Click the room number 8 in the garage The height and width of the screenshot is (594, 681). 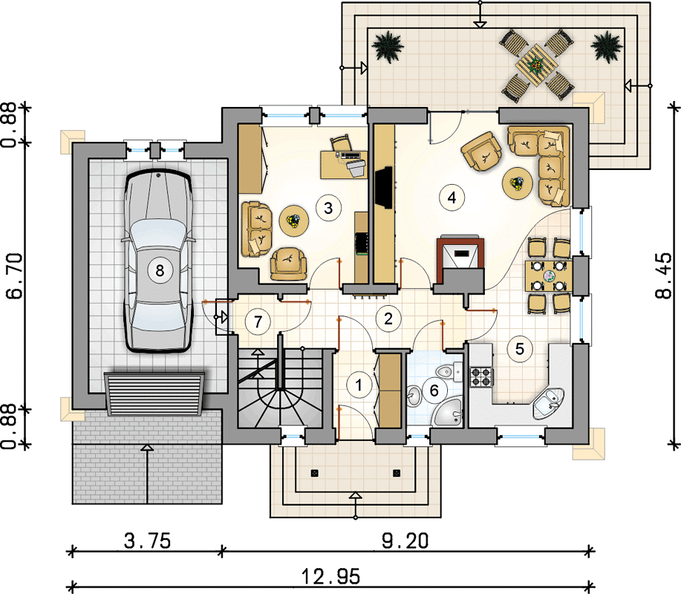pyautogui.click(x=160, y=270)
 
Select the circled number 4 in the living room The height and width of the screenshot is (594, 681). pyautogui.click(x=452, y=198)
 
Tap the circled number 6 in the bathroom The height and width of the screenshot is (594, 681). pyautogui.click(x=434, y=391)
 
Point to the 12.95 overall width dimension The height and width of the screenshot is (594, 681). pyautogui.click(x=331, y=577)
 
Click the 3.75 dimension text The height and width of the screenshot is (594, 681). pyautogui.click(x=147, y=541)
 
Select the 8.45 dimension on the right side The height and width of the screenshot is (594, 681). pyautogui.click(x=663, y=275)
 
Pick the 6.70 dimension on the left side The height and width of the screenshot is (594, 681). pyautogui.click(x=15, y=276)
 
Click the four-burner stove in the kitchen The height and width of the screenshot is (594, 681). pyautogui.click(x=482, y=376)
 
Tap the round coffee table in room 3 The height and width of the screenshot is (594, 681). pyautogui.click(x=294, y=221)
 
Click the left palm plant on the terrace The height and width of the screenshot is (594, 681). pyautogui.click(x=387, y=47)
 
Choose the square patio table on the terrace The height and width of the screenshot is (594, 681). pyautogui.click(x=537, y=66)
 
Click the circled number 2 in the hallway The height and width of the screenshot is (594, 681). pyautogui.click(x=388, y=319)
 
